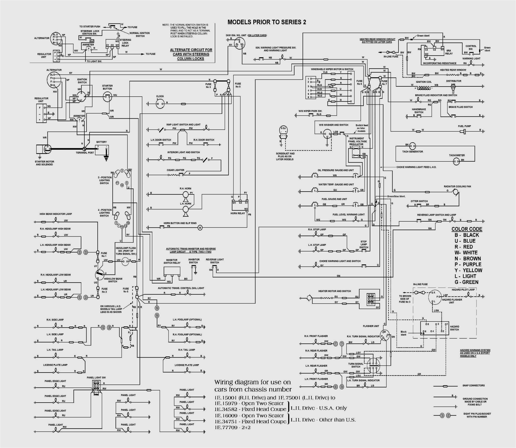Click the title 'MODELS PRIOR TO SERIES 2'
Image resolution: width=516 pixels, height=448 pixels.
click(x=267, y=22)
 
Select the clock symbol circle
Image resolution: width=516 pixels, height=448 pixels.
click(x=160, y=103)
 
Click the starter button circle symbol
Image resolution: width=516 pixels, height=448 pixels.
click(x=107, y=96)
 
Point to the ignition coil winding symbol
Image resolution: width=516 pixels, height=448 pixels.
click(x=423, y=88)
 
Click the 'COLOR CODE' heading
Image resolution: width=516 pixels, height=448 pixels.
click(x=467, y=229)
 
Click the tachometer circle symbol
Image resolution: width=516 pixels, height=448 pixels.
click(x=456, y=162)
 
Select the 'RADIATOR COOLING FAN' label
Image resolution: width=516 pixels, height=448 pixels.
click(x=457, y=186)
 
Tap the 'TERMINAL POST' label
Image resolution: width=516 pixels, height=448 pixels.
click(x=85, y=152)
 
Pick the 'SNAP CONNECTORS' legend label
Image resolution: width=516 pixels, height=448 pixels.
click(x=473, y=386)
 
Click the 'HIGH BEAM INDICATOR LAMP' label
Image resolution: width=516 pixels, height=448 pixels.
click(x=56, y=214)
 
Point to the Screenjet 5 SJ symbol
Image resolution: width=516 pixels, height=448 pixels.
click(x=283, y=131)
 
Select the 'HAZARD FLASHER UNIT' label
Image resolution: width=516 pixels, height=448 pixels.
click(x=452, y=301)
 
